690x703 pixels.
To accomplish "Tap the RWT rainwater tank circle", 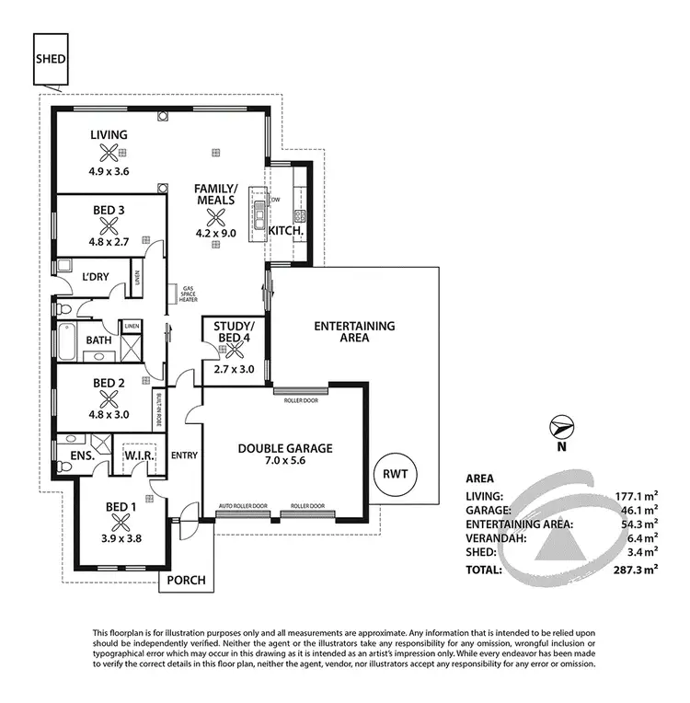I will coord(400,475).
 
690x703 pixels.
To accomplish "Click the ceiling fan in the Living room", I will coord(109,154).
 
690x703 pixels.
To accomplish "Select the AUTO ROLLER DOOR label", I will coord(243,507).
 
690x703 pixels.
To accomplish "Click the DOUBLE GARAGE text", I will coord(285,448).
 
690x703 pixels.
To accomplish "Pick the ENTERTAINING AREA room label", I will coord(354,331).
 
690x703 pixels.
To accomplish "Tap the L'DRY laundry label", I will coord(97,277).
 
